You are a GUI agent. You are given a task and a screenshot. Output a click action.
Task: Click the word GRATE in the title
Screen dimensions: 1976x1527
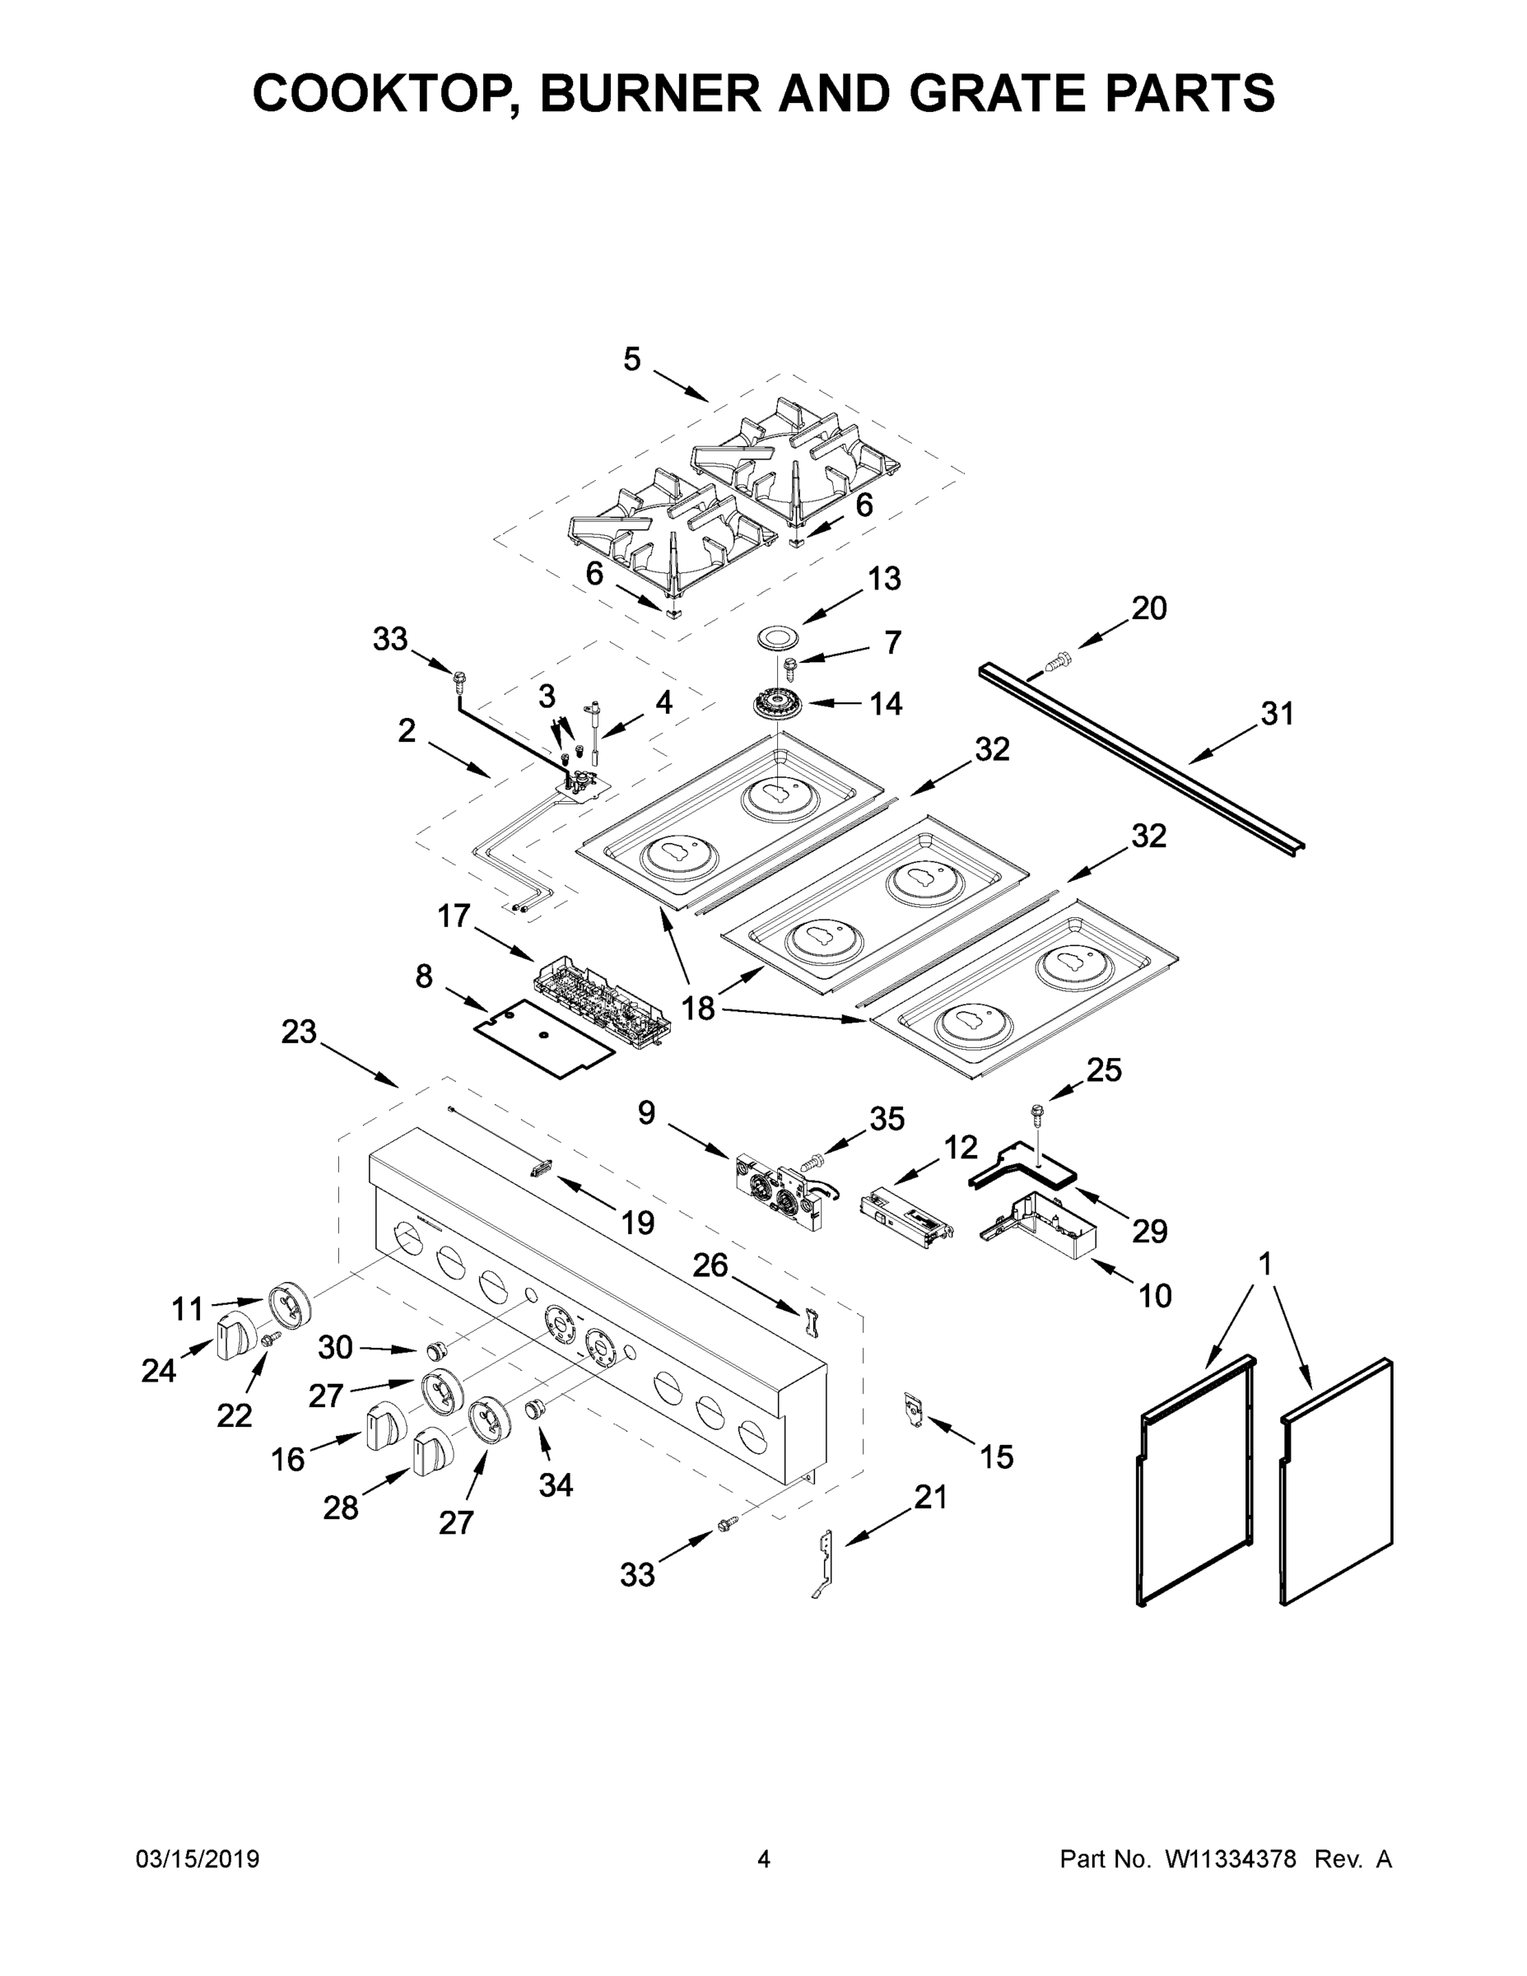point(985,93)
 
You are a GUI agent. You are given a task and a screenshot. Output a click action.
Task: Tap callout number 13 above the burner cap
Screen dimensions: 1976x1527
point(884,579)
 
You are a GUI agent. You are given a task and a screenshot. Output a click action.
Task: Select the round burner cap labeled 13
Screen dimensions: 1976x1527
point(780,637)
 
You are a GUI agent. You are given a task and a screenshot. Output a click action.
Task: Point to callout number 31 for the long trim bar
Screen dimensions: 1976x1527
point(1278,715)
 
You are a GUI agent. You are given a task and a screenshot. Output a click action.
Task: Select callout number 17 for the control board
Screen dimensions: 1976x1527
point(454,916)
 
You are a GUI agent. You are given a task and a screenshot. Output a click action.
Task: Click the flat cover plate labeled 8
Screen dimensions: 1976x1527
point(546,1037)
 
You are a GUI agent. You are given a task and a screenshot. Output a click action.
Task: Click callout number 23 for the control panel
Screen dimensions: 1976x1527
point(299,1032)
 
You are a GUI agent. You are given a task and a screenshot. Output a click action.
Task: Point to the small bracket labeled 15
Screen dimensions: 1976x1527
point(915,1410)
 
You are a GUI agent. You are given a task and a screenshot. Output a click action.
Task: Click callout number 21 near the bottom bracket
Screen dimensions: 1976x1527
point(930,1498)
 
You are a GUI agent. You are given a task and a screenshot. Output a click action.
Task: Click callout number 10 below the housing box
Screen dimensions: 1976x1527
point(1155,1297)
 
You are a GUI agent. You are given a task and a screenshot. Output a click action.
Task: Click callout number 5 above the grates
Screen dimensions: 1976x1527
point(631,359)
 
